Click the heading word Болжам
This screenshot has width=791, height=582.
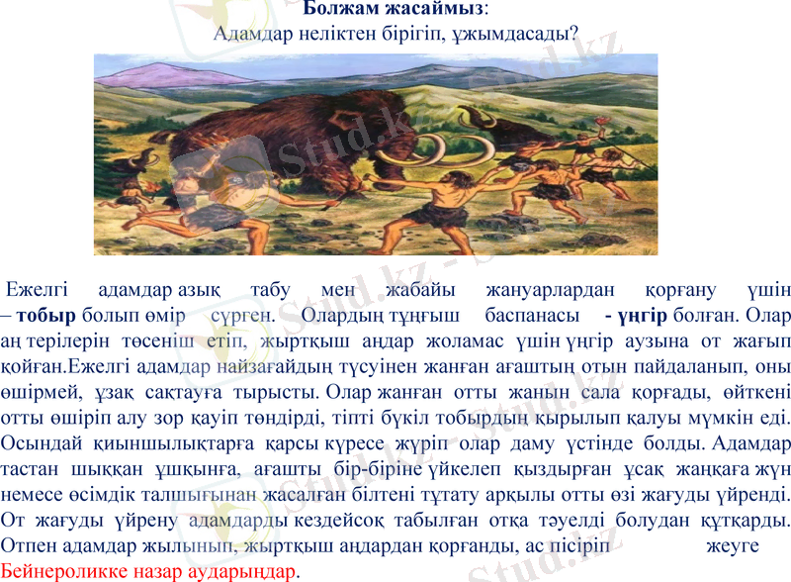coord(337,9)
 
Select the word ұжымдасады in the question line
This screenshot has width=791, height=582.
coord(517,33)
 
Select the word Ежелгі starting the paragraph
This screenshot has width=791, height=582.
coord(37,291)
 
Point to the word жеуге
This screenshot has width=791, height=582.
coord(732,546)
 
